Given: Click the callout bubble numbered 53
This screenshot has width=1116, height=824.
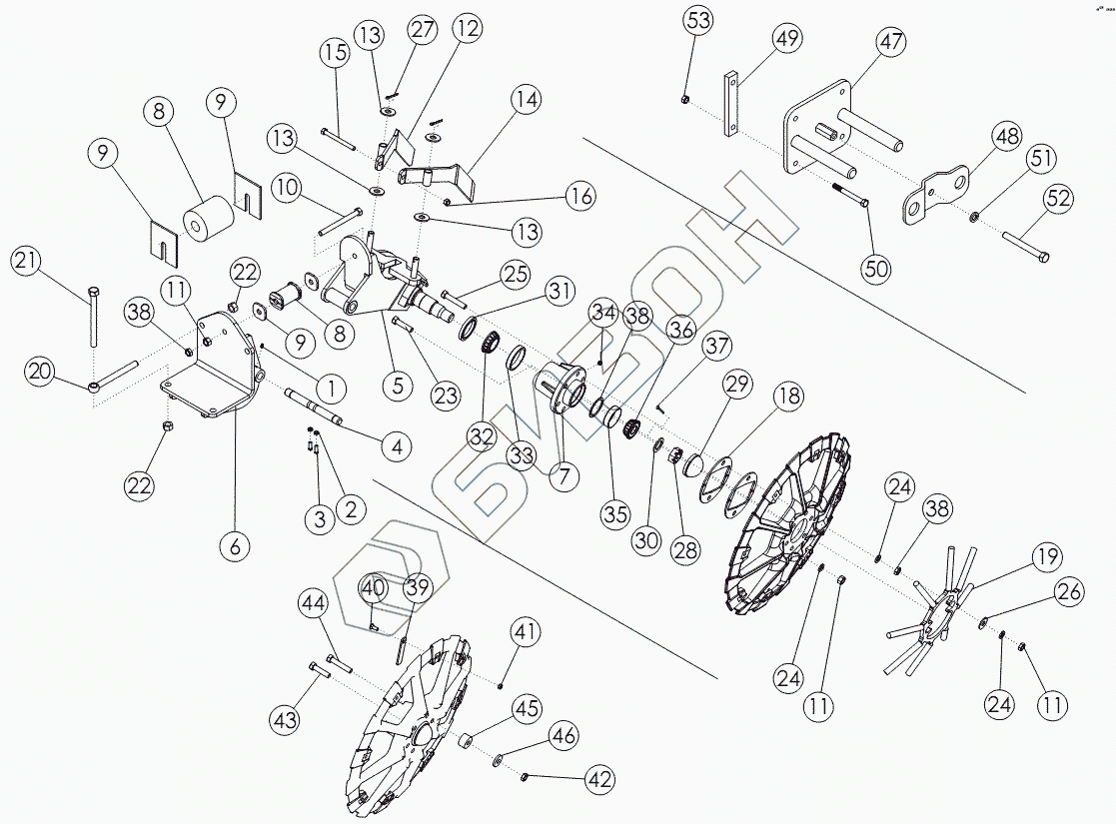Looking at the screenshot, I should click(x=698, y=20).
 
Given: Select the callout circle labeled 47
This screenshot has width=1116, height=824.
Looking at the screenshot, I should click(x=890, y=43).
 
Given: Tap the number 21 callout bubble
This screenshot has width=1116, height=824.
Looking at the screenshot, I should click(x=27, y=264).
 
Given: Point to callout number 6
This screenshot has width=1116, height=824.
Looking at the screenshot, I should click(x=236, y=545).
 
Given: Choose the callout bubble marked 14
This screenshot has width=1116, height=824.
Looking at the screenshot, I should click(x=527, y=100).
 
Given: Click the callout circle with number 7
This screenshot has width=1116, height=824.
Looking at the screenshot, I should click(x=563, y=476).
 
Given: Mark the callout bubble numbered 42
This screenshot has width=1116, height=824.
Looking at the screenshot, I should click(x=599, y=779).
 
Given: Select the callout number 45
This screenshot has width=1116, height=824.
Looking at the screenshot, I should click(x=527, y=709).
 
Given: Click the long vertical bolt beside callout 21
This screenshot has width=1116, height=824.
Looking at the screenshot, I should click(x=93, y=316).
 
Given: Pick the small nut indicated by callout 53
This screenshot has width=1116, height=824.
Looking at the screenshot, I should click(x=683, y=98).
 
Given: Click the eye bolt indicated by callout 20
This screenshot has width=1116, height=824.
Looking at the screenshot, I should click(x=115, y=375).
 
